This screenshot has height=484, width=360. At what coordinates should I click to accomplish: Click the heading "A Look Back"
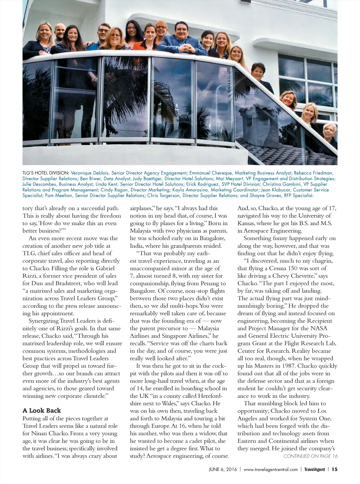[41, 410]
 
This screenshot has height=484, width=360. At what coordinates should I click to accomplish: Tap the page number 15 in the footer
[334, 469]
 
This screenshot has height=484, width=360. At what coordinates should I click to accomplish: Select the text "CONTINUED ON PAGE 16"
[310, 456]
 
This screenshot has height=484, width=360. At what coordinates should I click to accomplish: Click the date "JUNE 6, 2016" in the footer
[220, 469]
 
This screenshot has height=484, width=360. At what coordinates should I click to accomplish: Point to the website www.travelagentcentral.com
[270, 469]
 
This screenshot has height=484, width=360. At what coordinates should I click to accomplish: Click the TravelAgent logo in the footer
[314, 469]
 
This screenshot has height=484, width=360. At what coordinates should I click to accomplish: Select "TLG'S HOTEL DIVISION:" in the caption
[46, 173]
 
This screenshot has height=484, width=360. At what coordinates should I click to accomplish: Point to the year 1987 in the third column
[288, 366]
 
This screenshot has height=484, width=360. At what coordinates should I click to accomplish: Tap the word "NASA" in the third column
[320, 328]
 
